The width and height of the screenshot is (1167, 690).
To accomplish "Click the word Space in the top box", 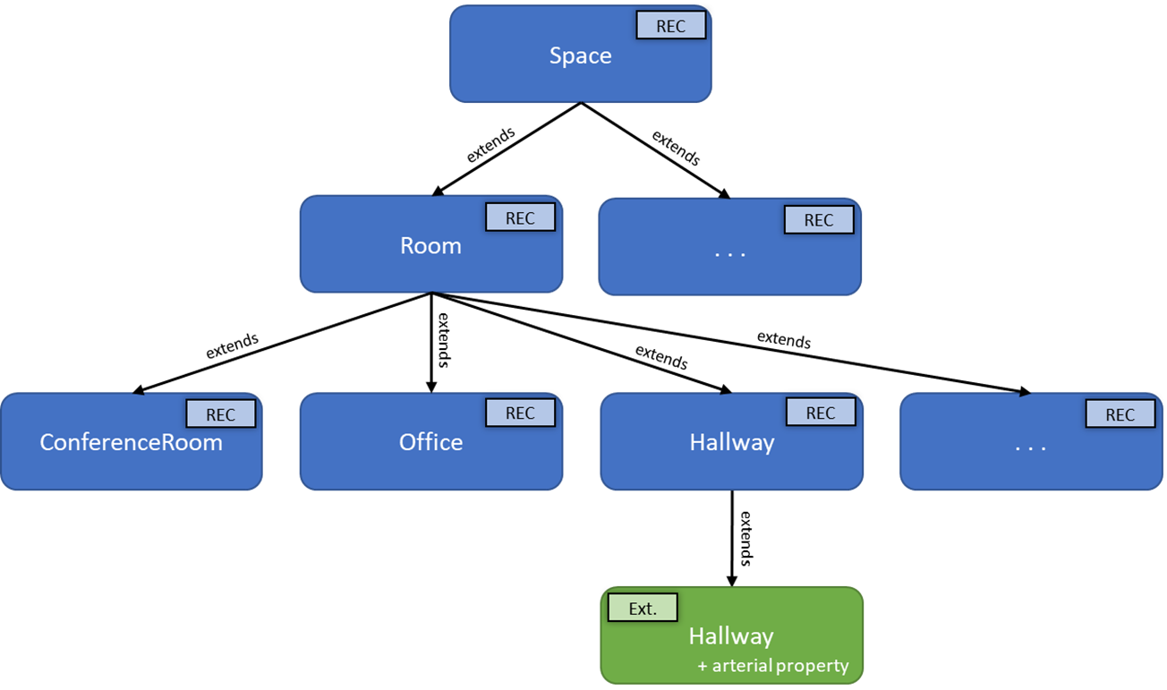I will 580,55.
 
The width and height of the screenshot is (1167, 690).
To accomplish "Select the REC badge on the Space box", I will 670,26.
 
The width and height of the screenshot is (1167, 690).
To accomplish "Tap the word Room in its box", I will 430,246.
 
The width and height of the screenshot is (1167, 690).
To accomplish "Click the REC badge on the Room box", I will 520,218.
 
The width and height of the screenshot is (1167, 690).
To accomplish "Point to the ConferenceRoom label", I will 131,442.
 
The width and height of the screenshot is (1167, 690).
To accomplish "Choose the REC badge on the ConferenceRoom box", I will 220,414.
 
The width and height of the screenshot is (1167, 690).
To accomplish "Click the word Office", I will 430,442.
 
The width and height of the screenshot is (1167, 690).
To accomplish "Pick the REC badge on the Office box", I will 520,413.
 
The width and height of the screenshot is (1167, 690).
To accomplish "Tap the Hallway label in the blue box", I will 731,442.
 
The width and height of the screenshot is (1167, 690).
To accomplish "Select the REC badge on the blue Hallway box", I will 820,413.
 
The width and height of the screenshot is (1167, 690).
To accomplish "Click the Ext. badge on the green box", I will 643,609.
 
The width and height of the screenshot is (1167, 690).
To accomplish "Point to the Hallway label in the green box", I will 731,636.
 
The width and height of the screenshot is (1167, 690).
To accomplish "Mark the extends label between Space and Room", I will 490,145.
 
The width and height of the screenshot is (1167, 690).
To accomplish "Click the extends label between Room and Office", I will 442,341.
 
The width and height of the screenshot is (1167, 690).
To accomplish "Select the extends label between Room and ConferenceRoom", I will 232,345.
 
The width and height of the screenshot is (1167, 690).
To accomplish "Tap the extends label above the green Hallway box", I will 744,538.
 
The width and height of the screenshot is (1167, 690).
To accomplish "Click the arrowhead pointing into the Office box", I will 430,387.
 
